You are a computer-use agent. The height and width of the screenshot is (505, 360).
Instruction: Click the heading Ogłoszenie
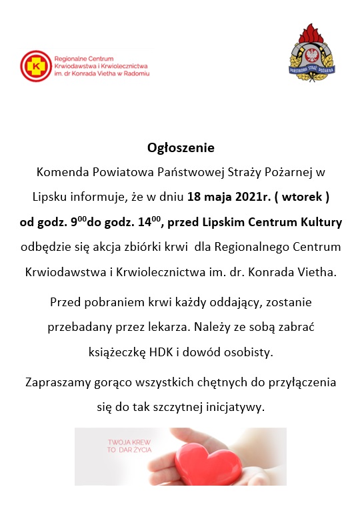coord(181,147)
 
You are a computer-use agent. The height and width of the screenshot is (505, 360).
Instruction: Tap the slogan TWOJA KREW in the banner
coord(129,442)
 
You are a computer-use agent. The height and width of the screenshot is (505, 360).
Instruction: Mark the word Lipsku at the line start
coord(48,197)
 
